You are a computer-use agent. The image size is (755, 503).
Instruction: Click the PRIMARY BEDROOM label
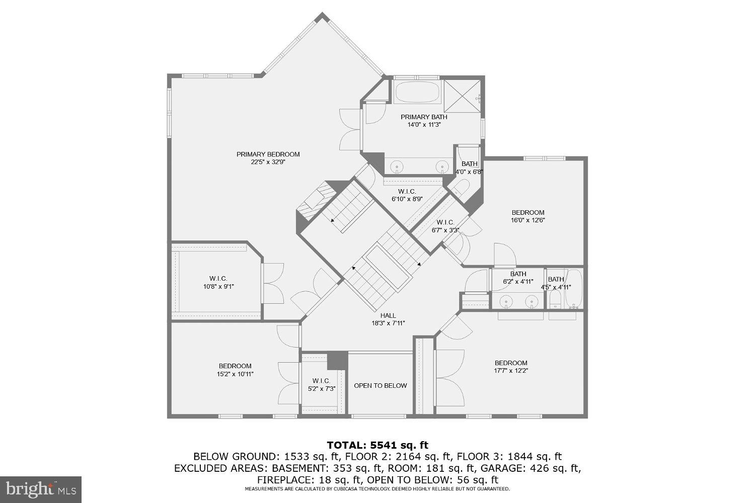coord(268,154)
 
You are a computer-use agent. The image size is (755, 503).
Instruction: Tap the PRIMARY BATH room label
coord(423,117)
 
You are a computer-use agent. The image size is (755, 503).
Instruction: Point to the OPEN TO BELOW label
coord(380,386)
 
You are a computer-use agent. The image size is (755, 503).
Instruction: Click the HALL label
coord(388,315)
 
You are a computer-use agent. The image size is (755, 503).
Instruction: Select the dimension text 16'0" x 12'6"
coord(528,220)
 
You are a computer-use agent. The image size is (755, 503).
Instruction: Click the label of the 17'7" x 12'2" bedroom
coord(511,363)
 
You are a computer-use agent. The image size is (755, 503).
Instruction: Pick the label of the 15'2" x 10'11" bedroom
coord(235,366)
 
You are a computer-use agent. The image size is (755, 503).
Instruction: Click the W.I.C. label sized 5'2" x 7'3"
coord(321,381)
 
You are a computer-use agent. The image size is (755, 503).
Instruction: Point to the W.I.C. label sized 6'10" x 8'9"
coord(407,191)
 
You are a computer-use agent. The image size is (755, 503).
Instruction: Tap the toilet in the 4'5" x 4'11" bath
coord(555,301)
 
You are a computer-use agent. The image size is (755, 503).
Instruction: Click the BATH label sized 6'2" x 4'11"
coord(518,274)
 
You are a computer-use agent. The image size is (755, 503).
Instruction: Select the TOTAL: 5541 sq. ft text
coord(377,445)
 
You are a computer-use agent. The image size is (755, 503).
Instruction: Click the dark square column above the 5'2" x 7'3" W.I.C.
coord(337,360)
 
